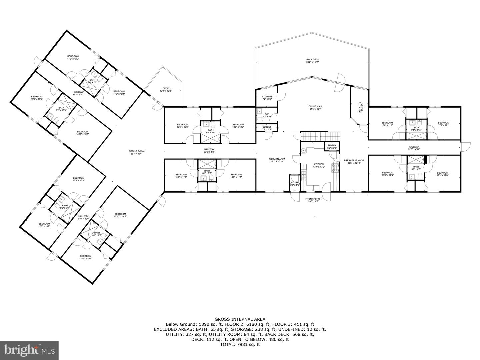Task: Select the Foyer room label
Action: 295,184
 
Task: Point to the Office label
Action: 360,107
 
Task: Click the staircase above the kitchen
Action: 320,136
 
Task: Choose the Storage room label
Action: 267,98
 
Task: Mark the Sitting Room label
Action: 137,153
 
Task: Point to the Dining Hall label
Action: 315,108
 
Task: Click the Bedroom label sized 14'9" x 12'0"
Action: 73,57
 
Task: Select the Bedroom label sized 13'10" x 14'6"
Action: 120,215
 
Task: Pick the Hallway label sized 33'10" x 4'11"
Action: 79,93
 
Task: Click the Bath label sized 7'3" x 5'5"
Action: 267,115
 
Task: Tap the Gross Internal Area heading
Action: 240,319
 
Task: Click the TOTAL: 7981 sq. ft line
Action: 240,345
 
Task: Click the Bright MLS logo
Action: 29,350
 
